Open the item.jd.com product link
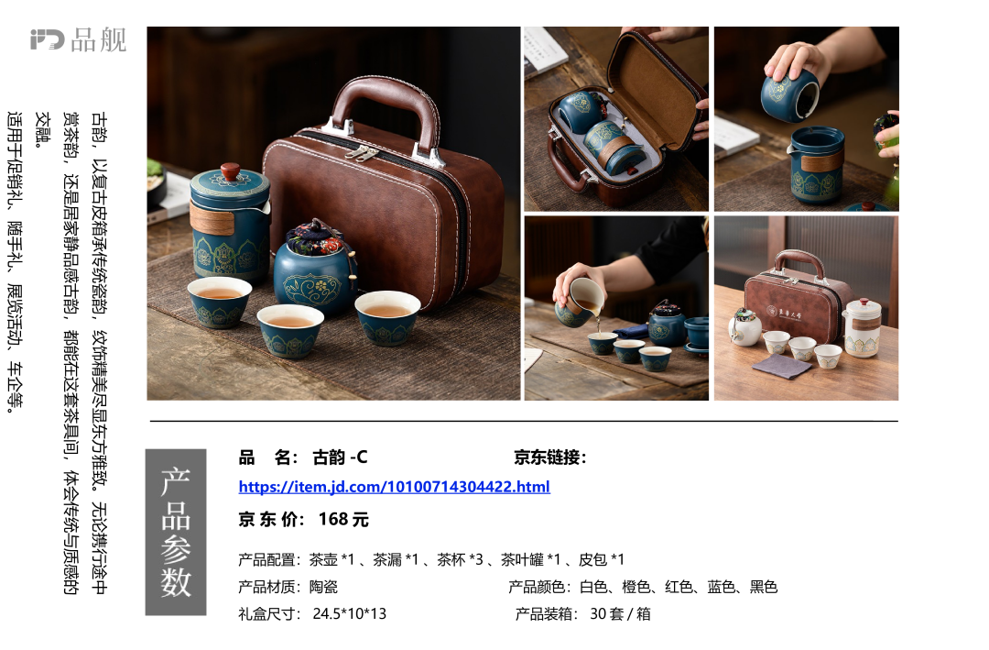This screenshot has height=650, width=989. [x=394, y=487]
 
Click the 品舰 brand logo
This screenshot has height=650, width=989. [x=78, y=39]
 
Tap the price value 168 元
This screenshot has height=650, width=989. [x=343, y=519]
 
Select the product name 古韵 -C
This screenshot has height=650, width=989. [x=340, y=457]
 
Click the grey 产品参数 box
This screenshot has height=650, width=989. [x=176, y=532]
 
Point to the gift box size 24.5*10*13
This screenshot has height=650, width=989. [x=350, y=613]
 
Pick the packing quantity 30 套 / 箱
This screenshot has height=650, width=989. [x=620, y=613]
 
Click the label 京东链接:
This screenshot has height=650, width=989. [x=550, y=457]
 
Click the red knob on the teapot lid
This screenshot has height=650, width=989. [x=230, y=171]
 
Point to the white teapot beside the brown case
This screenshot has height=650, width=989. [x=862, y=328]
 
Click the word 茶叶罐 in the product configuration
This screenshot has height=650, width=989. [x=522, y=559]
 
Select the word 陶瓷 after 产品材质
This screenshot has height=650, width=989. [x=323, y=587]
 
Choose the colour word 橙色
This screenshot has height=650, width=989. [x=636, y=587]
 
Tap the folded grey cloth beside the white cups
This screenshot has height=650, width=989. [x=781, y=366]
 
